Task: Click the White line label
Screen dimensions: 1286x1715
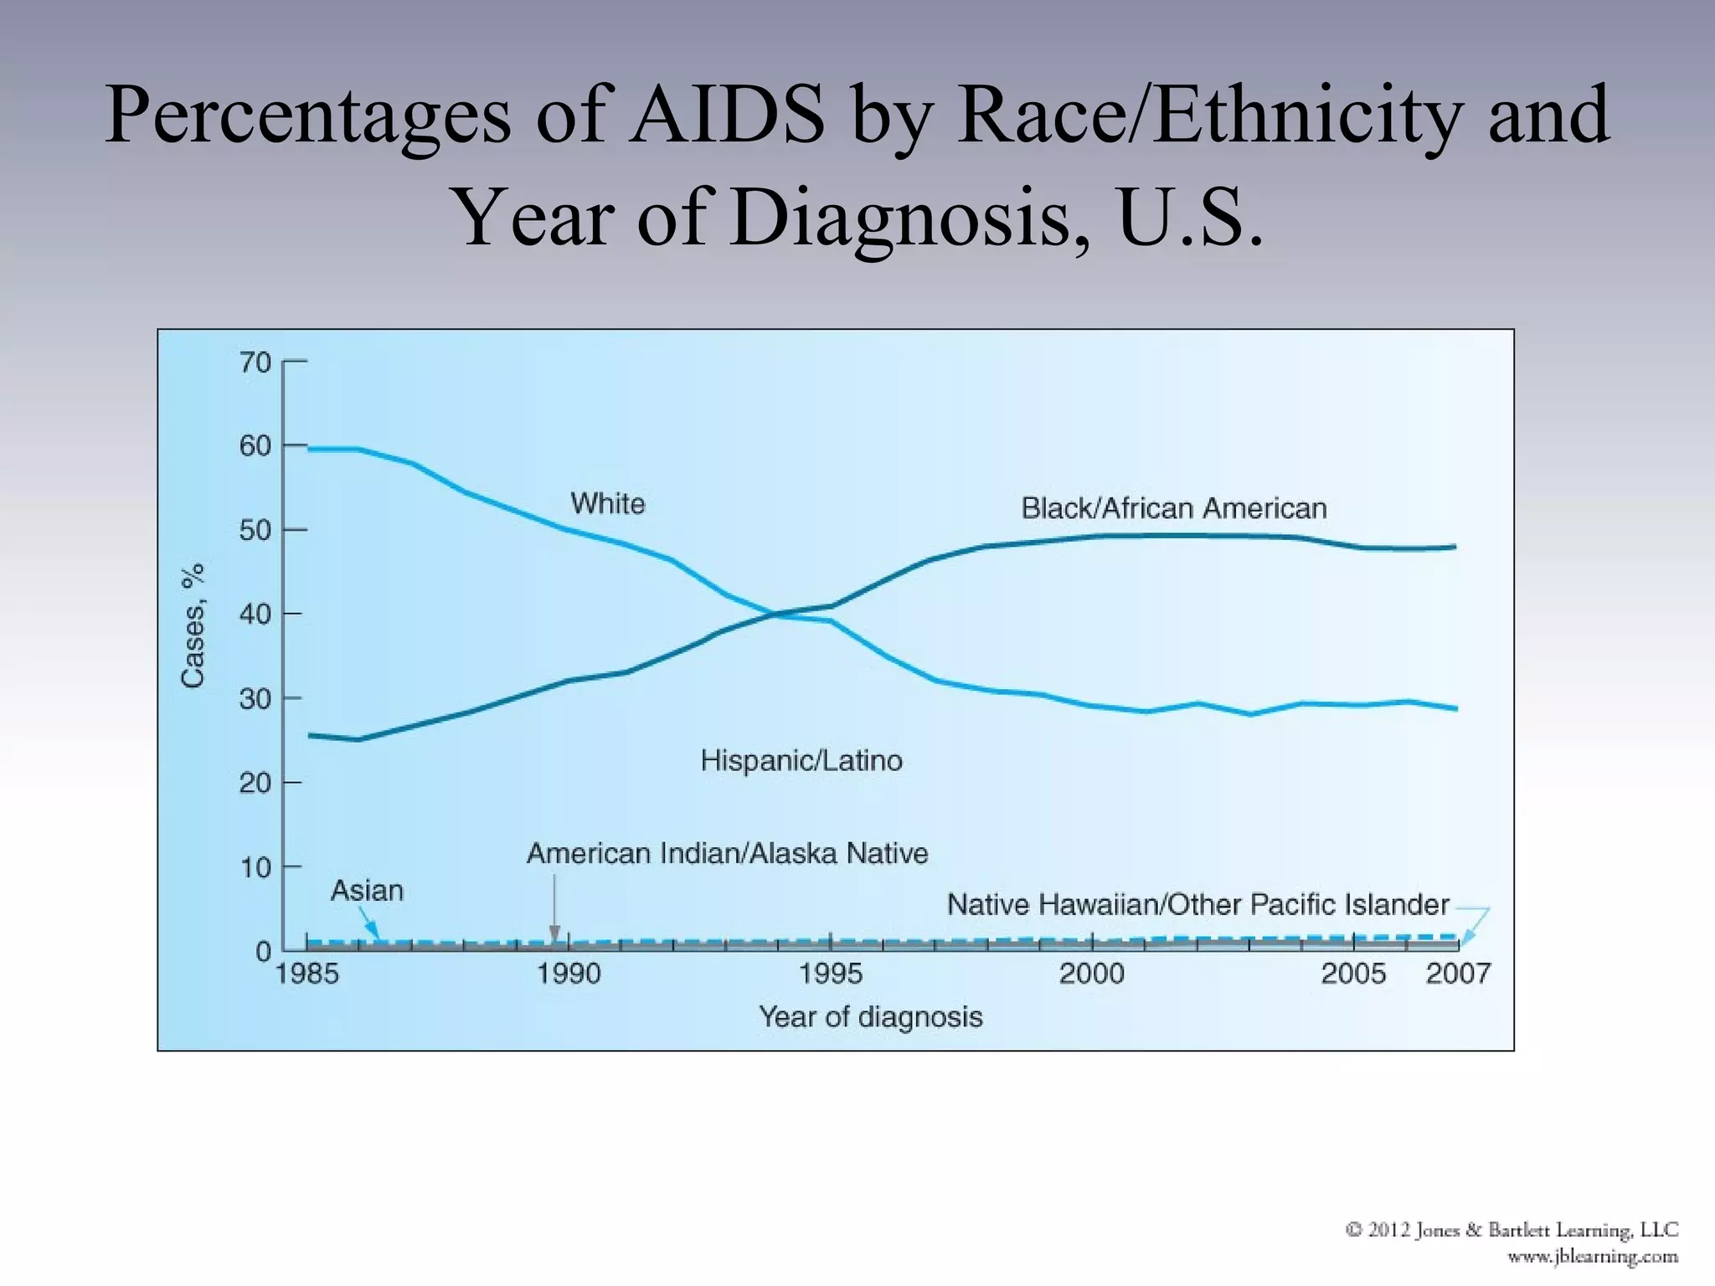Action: click(x=608, y=504)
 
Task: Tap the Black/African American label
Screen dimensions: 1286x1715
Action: click(x=1173, y=508)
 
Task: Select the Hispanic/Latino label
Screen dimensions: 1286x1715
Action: click(x=801, y=760)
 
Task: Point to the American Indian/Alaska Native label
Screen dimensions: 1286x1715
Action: click(x=727, y=853)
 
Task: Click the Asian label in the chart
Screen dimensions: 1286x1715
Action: click(x=367, y=890)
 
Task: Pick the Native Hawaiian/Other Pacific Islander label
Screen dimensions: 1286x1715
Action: click(x=1197, y=904)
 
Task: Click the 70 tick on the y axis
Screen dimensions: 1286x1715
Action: click(x=255, y=363)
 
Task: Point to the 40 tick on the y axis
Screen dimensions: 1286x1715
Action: click(x=255, y=615)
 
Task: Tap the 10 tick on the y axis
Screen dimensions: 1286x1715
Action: click(x=255, y=867)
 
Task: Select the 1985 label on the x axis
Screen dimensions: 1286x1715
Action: click(x=307, y=974)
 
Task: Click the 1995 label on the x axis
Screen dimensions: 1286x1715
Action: click(x=830, y=974)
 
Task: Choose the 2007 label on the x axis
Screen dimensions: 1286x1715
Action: click(x=1458, y=974)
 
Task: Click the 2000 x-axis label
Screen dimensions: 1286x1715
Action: click(x=1091, y=974)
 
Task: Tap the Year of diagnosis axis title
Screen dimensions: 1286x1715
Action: click(x=870, y=1016)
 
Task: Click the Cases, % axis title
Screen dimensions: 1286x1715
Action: click(x=193, y=625)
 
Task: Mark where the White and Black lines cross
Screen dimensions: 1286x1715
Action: click(x=775, y=615)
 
